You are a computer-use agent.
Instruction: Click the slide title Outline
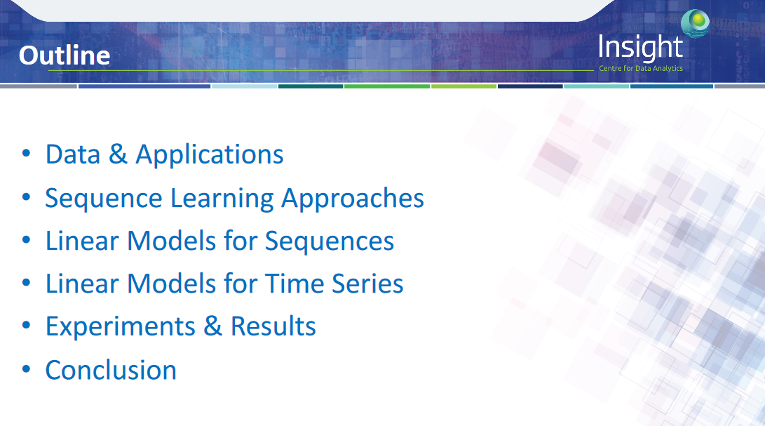[x=65, y=55]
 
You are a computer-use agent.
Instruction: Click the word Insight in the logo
[x=640, y=48]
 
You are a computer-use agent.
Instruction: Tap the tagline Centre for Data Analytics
[x=641, y=68]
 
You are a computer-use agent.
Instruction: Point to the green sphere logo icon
[x=696, y=22]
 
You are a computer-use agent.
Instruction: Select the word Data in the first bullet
[x=73, y=154]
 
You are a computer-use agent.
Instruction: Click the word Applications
[x=209, y=155]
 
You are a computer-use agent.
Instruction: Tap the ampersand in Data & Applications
[x=118, y=154]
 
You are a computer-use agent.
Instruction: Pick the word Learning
[x=222, y=199]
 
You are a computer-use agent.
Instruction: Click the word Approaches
[x=353, y=199]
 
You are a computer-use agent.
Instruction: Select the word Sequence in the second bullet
[x=104, y=199]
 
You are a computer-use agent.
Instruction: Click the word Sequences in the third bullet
[x=330, y=241]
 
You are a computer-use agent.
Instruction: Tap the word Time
[x=295, y=284]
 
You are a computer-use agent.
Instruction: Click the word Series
[x=368, y=284]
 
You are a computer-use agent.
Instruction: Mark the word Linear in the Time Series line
[x=82, y=284]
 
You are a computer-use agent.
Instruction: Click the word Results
[x=273, y=326]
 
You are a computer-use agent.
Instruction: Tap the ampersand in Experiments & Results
[x=213, y=326]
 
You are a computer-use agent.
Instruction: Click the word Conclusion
[x=111, y=371]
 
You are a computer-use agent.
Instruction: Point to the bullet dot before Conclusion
[x=27, y=369]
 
